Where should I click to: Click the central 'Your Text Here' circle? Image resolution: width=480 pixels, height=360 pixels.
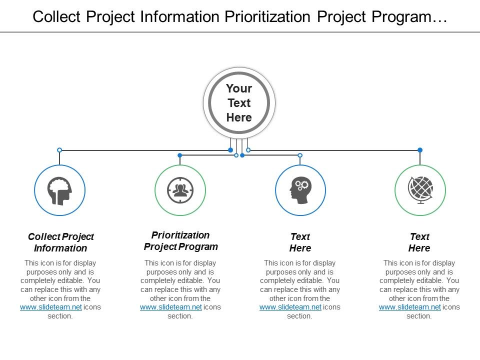click(x=239, y=103)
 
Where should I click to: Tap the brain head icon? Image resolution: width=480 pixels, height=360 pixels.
click(x=59, y=190)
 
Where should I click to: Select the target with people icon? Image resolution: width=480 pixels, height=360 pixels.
click(x=180, y=190)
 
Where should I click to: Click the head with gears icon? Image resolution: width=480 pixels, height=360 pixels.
click(x=300, y=190)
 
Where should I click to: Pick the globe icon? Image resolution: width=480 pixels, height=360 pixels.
click(x=420, y=190)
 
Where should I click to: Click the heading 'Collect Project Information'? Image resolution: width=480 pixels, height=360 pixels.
click(x=60, y=242)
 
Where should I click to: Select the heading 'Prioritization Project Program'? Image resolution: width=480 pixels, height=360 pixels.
click(x=180, y=240)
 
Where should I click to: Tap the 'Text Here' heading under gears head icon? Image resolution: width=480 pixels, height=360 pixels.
click(x=300, y=242)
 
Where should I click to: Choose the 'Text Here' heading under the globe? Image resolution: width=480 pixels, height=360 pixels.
click(x=419, y=242)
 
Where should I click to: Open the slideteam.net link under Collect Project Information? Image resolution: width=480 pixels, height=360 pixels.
click(x=50, y=307)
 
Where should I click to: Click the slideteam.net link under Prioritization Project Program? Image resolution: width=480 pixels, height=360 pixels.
click(x=170, y=307)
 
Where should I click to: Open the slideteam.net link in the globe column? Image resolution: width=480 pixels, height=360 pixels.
click(x=410, y=307)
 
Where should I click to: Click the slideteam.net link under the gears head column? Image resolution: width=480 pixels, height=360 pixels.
click(x=290, y=307)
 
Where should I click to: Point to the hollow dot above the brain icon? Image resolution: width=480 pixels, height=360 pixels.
click(x=59, y=150)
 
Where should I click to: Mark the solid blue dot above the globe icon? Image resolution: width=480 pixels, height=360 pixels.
click(x=420, y=150)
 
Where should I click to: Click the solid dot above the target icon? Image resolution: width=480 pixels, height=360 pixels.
click(x=180, y=155)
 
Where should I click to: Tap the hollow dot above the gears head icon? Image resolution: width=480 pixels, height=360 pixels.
click(x=300, y=155)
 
